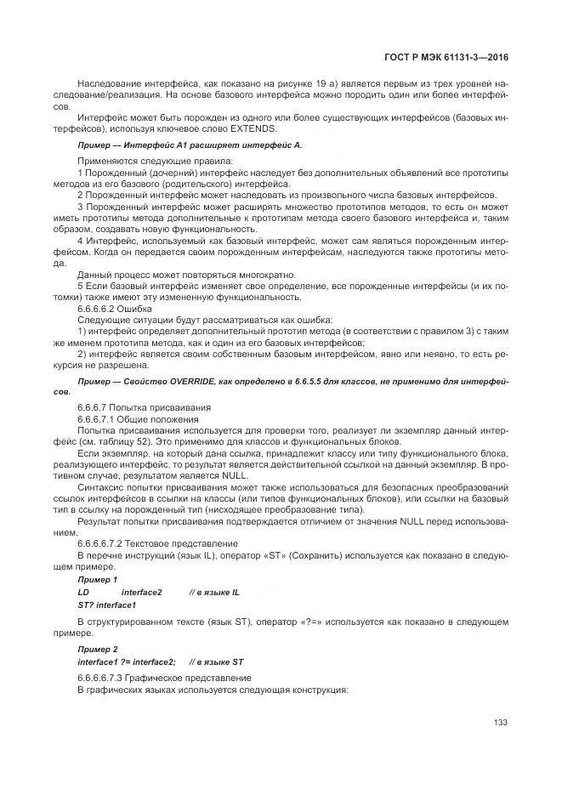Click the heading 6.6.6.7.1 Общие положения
(139, 419)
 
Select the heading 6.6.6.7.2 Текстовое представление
(157, 542)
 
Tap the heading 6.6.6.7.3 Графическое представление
(164, 677)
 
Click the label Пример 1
(98, 579)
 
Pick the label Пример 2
(98, 648)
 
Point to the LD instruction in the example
(83, 592)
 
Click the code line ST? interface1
(106, 605)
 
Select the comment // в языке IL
(214, 592)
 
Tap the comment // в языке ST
(216, 661)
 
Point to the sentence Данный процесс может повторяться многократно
(186, 274)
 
